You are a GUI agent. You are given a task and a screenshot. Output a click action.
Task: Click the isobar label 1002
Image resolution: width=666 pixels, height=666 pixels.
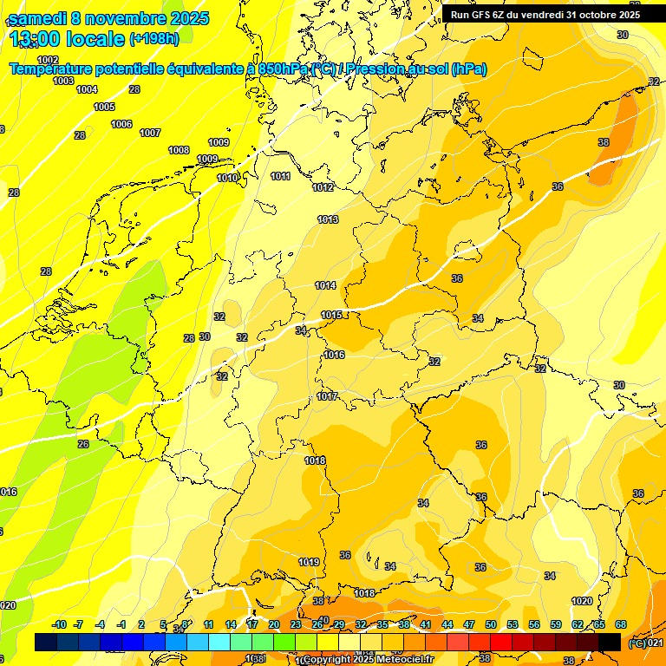[x=48, y=60]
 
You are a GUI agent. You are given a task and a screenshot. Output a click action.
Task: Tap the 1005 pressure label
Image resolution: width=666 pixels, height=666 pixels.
[x=104, y=107]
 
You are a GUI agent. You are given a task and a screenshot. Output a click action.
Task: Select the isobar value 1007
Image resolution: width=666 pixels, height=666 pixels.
[x=150, y=133]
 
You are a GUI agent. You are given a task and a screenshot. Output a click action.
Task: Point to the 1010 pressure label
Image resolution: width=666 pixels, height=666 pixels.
[x=227, y=178]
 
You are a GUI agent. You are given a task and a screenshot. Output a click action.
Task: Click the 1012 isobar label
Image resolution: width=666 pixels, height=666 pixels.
[x=323, y=187]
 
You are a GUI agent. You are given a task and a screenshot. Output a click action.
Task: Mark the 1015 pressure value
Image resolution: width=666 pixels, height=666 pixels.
[x=331, y=315]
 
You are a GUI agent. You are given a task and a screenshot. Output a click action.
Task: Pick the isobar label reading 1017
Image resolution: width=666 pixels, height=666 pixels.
[x=327, y=396]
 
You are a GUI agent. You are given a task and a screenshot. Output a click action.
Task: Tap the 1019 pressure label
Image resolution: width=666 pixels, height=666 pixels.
[x=309, y=562]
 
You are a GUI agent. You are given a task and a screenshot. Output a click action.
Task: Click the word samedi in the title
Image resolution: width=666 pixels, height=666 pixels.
[x=42, y=18]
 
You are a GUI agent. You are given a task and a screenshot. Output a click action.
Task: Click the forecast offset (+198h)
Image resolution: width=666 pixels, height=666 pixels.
[x=153, y=39]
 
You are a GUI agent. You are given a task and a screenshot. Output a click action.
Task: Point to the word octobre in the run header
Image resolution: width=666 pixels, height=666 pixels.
[x=592, y=15]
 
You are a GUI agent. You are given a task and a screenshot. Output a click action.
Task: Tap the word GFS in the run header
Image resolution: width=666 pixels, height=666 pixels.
[x=480, y=15]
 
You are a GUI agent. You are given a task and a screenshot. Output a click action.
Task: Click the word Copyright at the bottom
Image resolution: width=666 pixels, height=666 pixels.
[x=328, y=660]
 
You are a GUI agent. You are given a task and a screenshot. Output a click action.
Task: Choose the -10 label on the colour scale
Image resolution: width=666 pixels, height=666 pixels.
[x=59, y=624]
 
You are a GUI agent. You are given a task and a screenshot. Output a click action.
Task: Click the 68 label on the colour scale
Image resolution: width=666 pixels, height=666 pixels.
[x=621, y=624]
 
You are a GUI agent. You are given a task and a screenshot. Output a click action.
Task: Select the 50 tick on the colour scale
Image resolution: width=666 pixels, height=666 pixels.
[x=491, y=624]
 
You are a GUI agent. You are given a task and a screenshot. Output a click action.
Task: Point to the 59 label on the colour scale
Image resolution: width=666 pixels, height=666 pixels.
[x=556, y=624]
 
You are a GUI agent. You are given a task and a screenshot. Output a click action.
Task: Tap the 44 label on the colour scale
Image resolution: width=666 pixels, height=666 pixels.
[x=447, y=624]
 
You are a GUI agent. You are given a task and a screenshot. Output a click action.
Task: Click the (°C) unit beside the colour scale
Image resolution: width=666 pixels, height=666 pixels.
[x=637, y=643]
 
